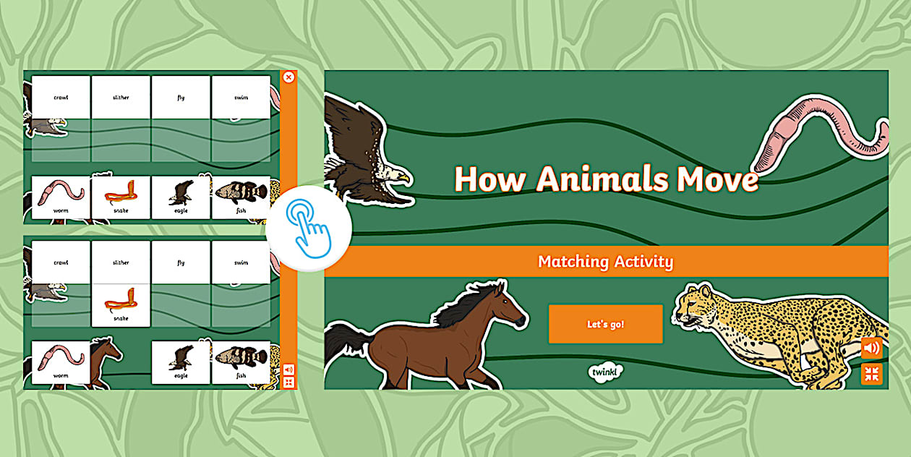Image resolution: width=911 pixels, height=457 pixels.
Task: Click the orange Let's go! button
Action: [605, 324]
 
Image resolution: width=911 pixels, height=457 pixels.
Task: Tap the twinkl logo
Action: [605, 372]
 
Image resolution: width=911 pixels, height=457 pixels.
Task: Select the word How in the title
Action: [488, 179]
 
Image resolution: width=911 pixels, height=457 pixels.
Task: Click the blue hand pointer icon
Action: [308, 228]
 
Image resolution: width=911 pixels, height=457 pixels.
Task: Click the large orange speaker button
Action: [871, 349]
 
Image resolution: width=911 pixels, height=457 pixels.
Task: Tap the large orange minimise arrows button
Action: [871, 374]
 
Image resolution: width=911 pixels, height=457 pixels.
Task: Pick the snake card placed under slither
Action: [121, 304]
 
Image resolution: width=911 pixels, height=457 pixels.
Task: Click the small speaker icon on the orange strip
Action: [288, 370]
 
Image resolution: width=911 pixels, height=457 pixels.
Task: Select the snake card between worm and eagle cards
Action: [121, 197]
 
